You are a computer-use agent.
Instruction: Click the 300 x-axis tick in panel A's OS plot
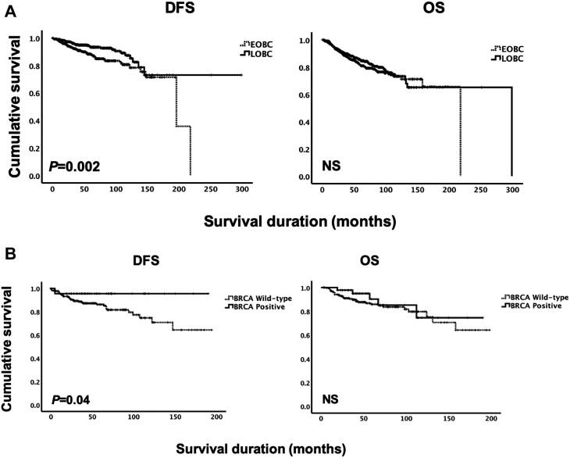pos(511,189)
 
